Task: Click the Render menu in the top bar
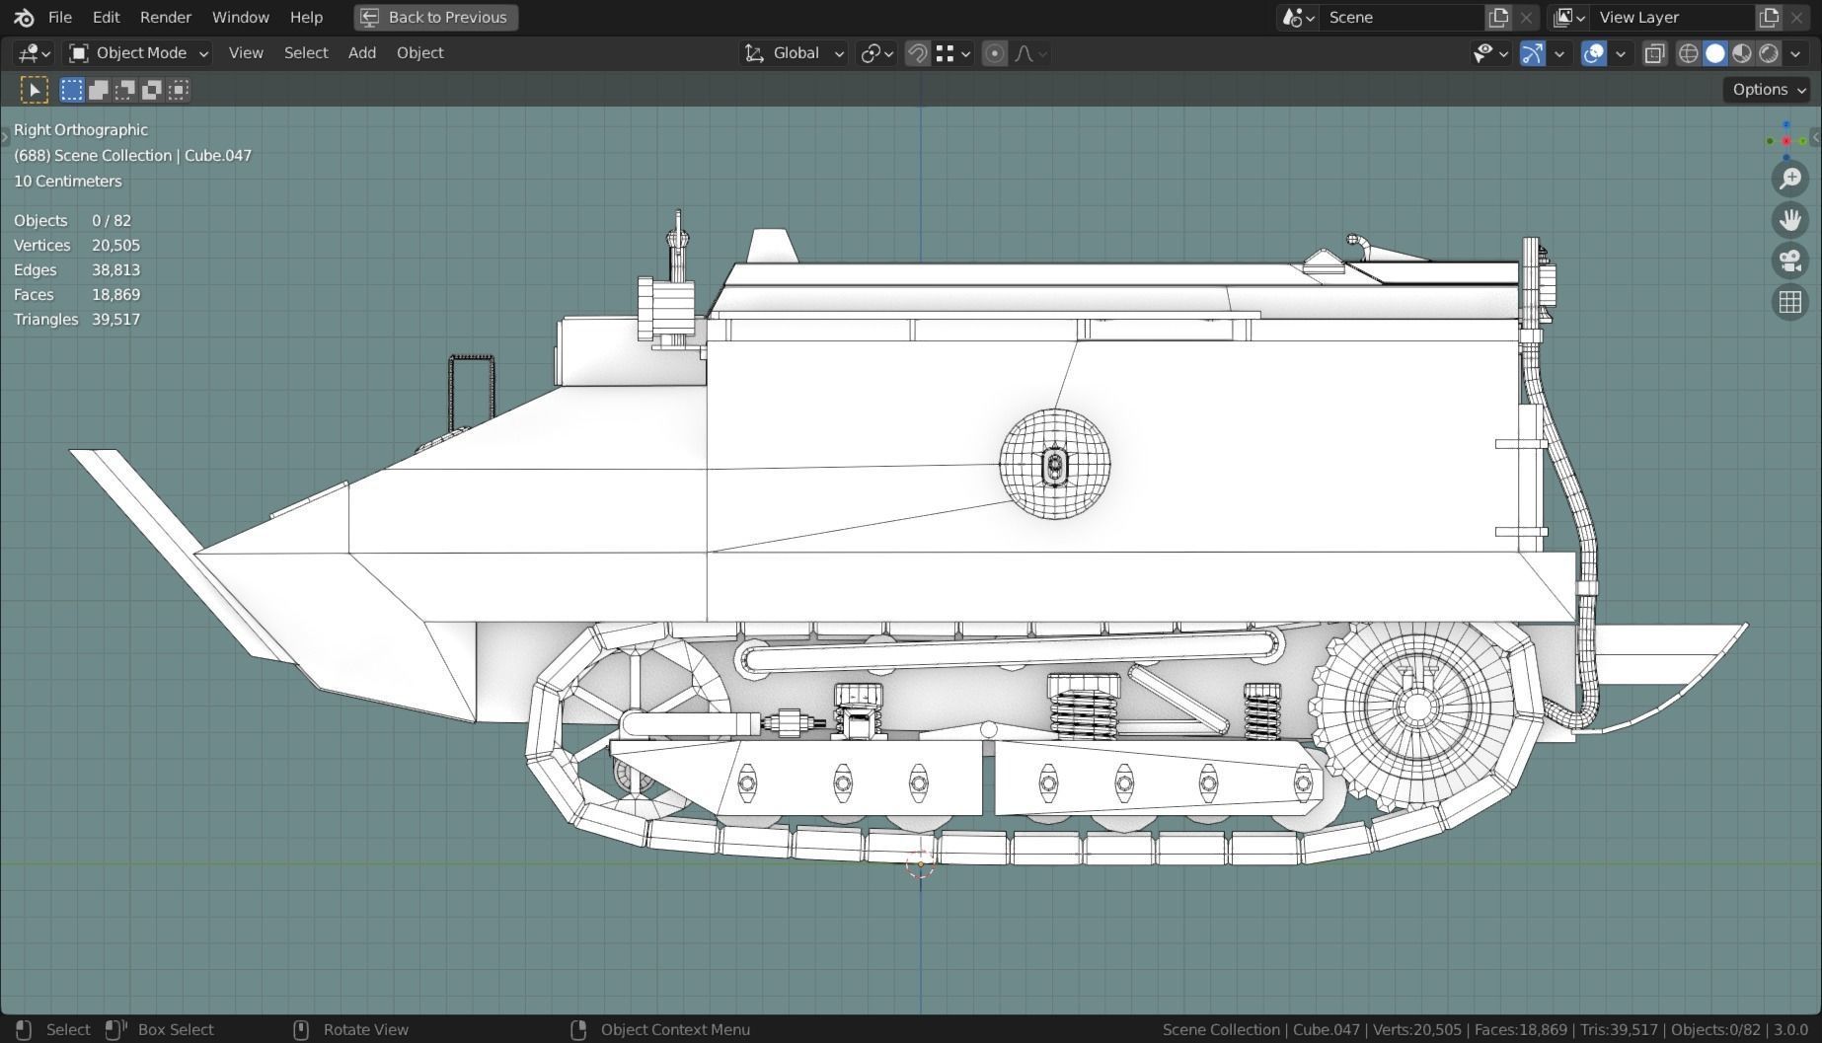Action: pos(165,17)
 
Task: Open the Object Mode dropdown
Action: pos(138,53)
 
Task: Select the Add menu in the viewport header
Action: pos(361,53)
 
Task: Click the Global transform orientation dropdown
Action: pos(796,53)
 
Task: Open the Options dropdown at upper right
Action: pos(1768,90)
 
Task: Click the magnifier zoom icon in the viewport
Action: pos(1789,179)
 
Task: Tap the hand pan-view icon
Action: pos(1789,219)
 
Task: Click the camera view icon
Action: pos(1789,261)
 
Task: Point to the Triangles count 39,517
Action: pos(115,320)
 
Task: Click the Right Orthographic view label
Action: pos(81,130)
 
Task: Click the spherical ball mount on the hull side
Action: pos(1054,464)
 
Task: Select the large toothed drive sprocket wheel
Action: pos(1415,707)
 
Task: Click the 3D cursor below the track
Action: pos(920,864)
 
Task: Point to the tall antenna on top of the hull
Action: pos(677,242)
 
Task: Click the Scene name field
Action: pos(1402,17)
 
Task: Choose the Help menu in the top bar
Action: pos(306,17)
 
